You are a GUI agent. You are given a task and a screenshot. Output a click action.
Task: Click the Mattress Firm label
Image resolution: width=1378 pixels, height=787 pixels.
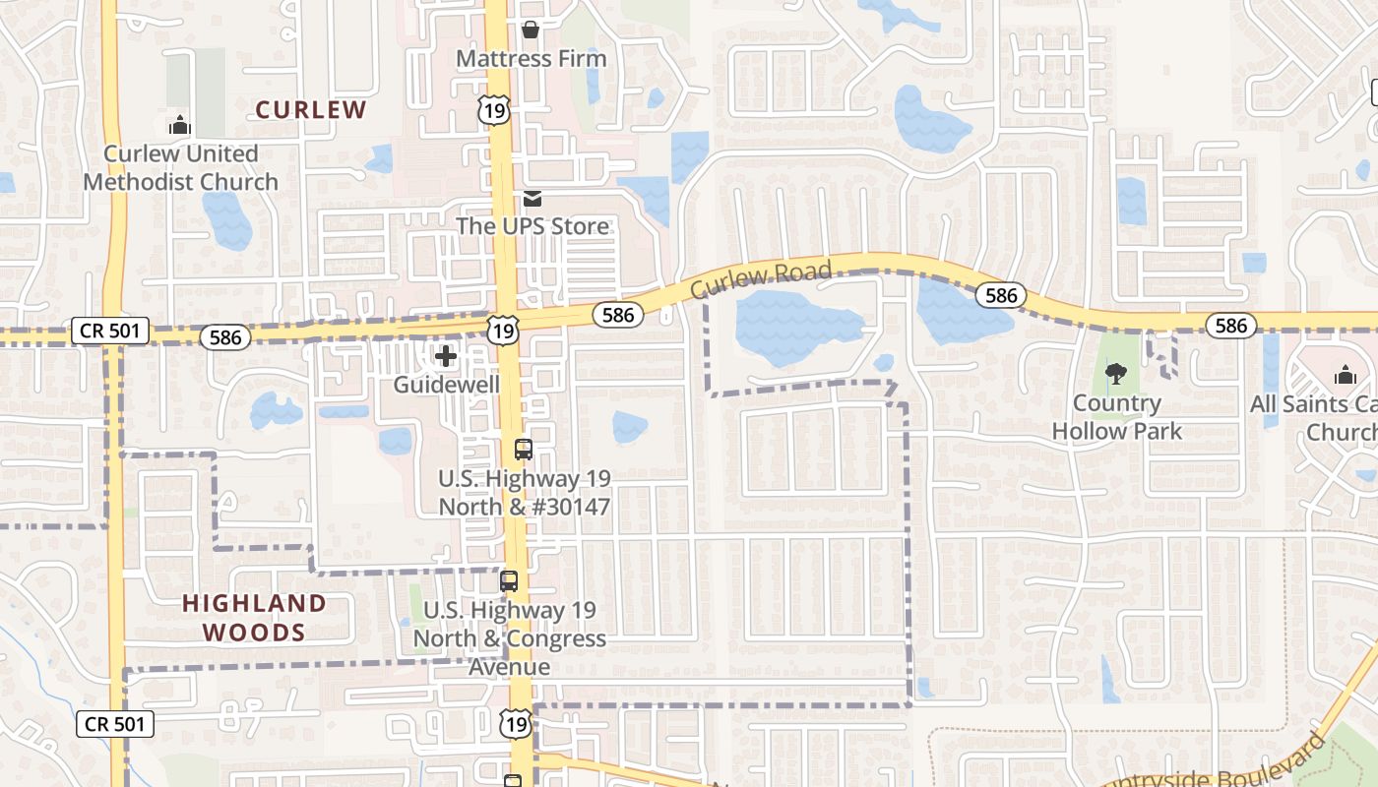532,59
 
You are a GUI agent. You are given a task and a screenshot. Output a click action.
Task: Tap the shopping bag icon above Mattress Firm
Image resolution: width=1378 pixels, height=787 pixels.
531,30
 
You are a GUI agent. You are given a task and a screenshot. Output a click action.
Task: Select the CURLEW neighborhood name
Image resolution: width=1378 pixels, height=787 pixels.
311,109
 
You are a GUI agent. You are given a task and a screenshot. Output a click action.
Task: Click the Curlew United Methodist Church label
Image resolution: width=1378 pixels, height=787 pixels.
181,168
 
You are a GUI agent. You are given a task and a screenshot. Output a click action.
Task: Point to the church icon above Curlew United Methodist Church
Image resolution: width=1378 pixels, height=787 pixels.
179,125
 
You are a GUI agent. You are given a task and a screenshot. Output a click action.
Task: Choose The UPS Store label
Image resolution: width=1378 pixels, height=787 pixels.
532,226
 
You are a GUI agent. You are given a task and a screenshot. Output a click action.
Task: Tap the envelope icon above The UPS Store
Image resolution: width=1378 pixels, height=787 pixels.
532,199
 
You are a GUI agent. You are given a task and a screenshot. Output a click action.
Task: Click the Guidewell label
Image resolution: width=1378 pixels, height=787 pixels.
446,385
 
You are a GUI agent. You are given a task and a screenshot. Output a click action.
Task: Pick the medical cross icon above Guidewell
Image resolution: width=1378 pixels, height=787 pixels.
446,356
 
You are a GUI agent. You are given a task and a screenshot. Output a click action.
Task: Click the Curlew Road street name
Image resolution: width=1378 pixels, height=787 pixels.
761,280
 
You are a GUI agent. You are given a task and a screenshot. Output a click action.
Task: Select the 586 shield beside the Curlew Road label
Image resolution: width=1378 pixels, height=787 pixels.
618,315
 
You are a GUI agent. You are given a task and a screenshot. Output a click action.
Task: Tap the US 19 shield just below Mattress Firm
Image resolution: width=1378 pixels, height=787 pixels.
495,109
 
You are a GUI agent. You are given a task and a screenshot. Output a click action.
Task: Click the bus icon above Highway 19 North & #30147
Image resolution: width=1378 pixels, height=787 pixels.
524,450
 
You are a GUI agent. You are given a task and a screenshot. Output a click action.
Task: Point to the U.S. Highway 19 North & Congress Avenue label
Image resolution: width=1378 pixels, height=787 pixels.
509,638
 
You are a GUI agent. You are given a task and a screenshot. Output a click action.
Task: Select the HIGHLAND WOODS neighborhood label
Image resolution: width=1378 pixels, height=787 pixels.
254,617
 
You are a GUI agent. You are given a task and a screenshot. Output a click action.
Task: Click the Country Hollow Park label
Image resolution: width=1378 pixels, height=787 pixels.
1116,417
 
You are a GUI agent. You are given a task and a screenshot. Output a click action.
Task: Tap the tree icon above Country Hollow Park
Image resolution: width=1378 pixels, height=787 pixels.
1115,374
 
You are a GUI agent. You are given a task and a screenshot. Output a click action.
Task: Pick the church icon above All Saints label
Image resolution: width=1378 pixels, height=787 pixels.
1345,375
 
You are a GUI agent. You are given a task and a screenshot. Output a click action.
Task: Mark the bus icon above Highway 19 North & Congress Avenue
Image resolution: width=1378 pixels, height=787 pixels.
509,580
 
